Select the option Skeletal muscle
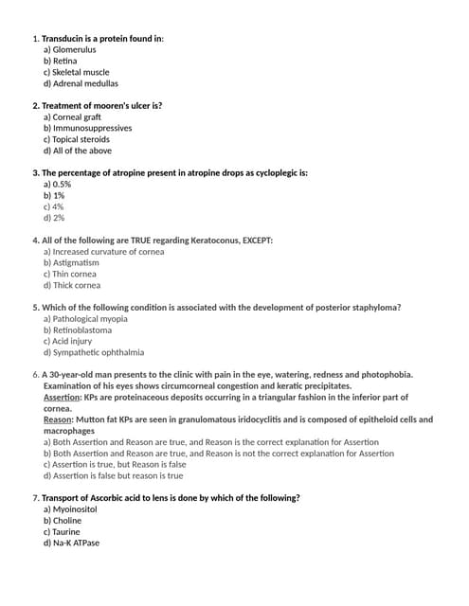tap(77, 72)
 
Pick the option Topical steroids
tap(77, 139)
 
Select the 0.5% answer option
tap(58, 185)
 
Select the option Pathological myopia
tap(85, 319)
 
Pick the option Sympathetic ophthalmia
tap(94, 352)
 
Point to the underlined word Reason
tap(58, 419)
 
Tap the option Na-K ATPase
tap(72, 543)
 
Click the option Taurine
tap(63, 531)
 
